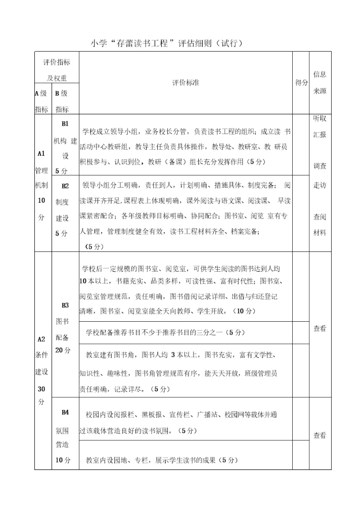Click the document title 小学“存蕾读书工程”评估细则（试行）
coord(167,44)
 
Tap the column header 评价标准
coord(185,82)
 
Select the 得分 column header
coord(301,82)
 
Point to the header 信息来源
coord(320,82)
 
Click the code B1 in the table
coord(65,123)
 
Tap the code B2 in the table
coord(65,186)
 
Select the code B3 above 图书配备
coord(65,305)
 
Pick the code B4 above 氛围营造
coord(65,412)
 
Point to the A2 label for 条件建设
coord(41,339)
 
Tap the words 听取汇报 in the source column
coord(320,126)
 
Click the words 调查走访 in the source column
coord(320,175)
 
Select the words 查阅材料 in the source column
coord(320,225)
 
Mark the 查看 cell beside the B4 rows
coord(320,435)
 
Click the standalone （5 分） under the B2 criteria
coord(94,246)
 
